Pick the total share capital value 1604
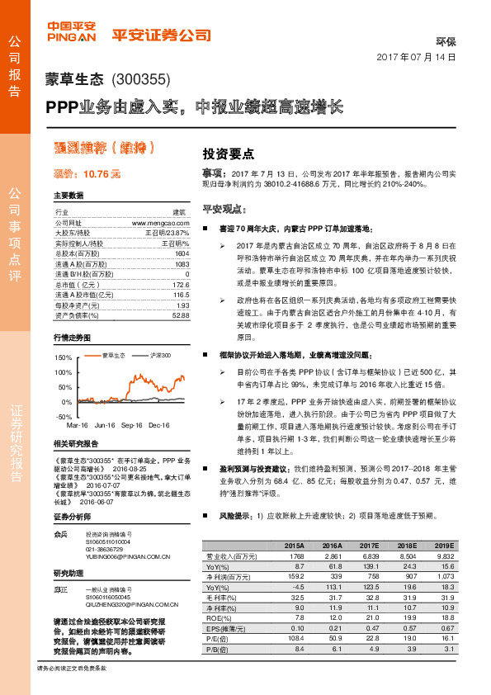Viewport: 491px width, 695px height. pyautogui.click(x=182, y=253)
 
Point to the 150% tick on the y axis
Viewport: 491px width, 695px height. pyautogui.click(x=63, y=358)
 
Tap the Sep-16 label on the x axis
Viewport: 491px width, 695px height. pyautogui.click(x=131, y=424)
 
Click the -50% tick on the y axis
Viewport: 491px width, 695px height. pyautogui.click(x=64, y=417)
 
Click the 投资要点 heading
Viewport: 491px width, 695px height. pyautogui.click(x=229, y=154)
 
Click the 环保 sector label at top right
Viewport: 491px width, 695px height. pyautogui.click(x=445, y=40)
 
